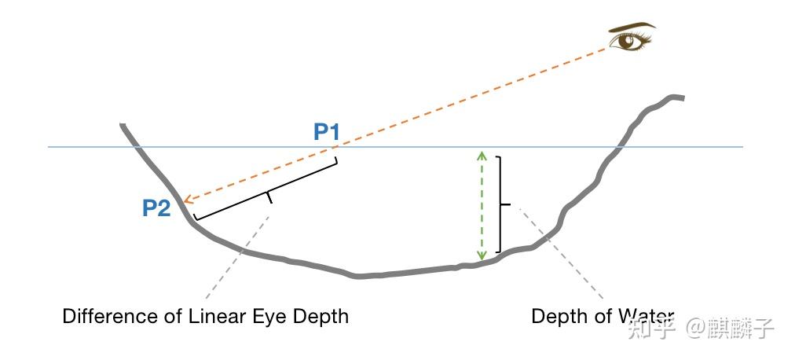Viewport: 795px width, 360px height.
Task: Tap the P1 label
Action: pyautogui.click(x=326, y=132)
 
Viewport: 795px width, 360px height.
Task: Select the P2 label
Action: pyautogui.click(x=156, y=208)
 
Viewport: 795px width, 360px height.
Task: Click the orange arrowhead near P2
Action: pyautogui.click(x=188, y=202)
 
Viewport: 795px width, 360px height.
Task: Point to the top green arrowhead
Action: pyautogui.click(x=482, y=155)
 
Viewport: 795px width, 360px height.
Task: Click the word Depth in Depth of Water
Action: pyautogui.click(x=557, y=317)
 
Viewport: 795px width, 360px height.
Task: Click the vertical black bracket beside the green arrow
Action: pyautogui.click(x=500, y=204)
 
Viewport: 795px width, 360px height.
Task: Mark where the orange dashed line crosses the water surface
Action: pyautogui.click(x=339, y=146)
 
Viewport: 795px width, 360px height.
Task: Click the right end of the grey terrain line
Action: pyautogui.click(x=683, y=97)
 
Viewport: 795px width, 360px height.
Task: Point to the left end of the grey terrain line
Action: pyautogui.click(x=122, y=125)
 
